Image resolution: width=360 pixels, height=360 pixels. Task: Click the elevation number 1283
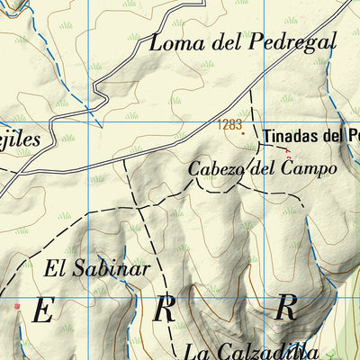[229, 125]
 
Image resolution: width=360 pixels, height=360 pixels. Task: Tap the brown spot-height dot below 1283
[242, 134]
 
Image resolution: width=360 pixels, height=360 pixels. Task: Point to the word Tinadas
[290, 137]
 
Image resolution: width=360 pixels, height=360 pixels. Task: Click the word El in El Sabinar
[55, 267]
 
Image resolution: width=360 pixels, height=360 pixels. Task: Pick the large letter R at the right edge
[286, 307]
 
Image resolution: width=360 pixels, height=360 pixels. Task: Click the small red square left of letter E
[16, 306]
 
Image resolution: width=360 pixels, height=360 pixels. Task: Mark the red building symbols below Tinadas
[288, 152]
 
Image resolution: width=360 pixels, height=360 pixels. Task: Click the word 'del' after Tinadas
[332, 137]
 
